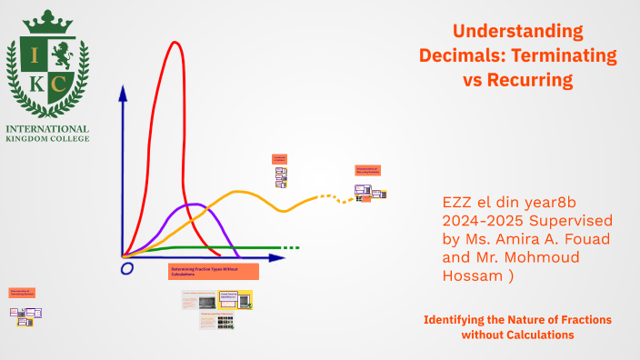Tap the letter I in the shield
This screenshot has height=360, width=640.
click(x=35, y=55)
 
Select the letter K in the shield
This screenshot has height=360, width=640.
click(x=35, y=85)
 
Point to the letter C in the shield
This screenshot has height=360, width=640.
click(x=60, y=85)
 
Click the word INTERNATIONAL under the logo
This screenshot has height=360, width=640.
click(x=47, y=128)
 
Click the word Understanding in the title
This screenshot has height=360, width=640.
click(x=518, y=31)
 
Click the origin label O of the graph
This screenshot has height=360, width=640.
click(x=126, y=268)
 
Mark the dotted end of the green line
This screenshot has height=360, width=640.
click(x=290, y=247)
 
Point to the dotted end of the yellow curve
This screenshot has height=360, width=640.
click(x=344, y=199)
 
